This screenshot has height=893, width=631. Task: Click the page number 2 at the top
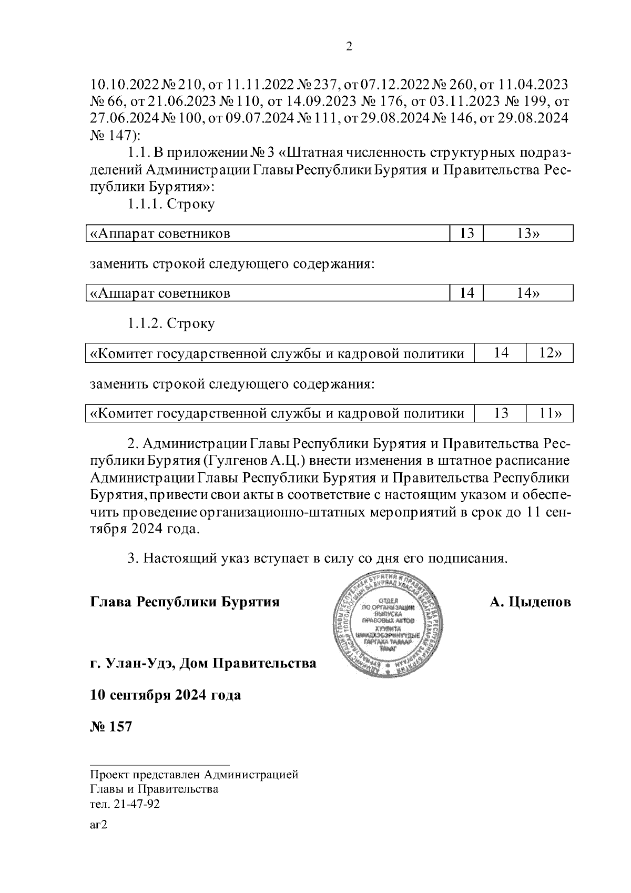click(x=349, y=47)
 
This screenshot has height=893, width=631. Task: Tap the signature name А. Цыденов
click(x=530, y=602)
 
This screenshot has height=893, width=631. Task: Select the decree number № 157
click(x=111, y=727)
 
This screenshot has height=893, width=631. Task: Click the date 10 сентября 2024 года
click(x=166, y=695)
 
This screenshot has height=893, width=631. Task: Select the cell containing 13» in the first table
click(x=528, y=234)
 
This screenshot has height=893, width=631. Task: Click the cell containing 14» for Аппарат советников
click(x=528, y=293)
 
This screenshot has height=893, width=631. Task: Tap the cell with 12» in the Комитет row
click(x=549, y=353)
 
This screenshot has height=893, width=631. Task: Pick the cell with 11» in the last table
click(x=549, y=413)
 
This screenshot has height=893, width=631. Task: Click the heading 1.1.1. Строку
click(x=171, y=204)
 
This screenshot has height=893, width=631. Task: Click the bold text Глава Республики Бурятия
click(x=185, y=602)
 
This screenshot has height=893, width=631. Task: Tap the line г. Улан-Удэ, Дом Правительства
click(x=203, y=664)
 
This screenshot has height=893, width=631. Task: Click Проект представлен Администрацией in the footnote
click(x=194, y=774)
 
